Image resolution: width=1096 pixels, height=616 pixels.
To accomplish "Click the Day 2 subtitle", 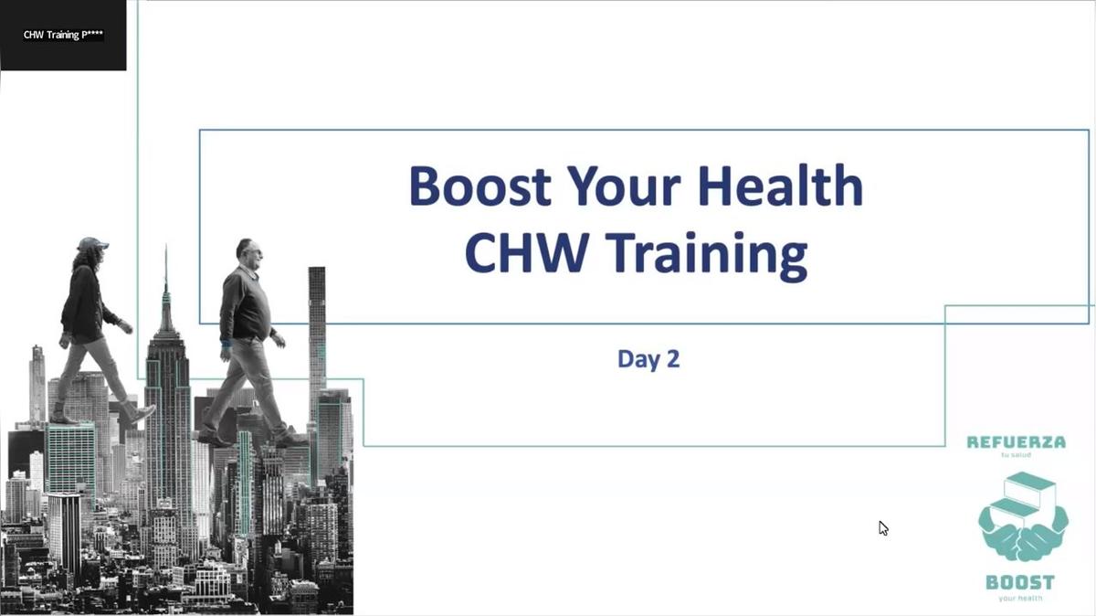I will pos(648,358).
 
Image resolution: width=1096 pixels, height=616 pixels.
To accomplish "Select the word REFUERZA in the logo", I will pos(1016,442).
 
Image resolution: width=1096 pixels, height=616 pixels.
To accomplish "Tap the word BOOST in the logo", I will pos(1019,582).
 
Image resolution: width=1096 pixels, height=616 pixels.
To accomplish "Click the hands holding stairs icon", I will pos(1021,517).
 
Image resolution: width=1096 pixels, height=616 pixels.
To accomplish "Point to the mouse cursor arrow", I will pos(882,527).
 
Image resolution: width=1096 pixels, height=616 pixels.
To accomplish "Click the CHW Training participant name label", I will pos(63,36).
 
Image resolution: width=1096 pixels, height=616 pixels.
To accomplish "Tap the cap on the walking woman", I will pos(90,245).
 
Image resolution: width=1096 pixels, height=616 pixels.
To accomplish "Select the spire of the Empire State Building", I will pos(166,274).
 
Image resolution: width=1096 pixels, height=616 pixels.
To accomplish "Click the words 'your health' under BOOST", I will pos(1019,599).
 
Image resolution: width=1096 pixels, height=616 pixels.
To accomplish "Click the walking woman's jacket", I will pos(83,302).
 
